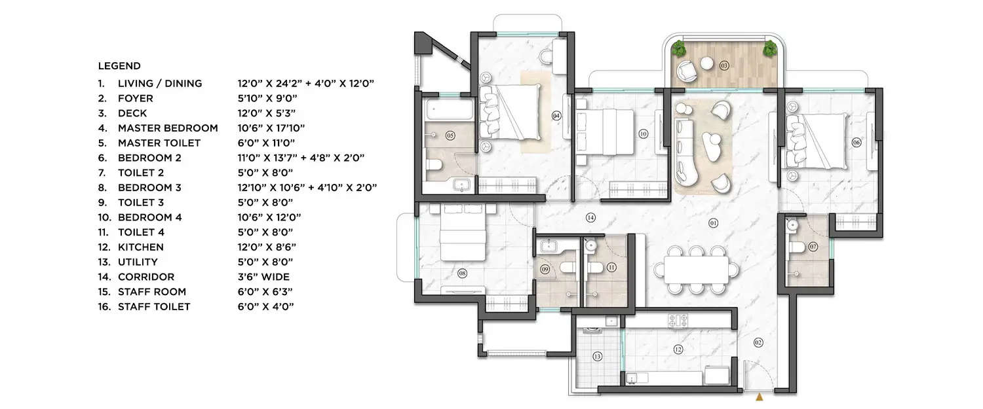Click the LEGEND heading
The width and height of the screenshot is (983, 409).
(119, 66)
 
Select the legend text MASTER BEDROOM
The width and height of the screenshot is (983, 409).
(167, 128)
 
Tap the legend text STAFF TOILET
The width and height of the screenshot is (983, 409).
(154, 307)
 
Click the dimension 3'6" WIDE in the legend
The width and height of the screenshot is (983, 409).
(263, 277)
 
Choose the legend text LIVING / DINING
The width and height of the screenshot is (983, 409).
(159, 84)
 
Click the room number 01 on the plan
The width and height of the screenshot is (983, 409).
(714, 224)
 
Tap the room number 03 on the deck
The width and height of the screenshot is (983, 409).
(724, 65)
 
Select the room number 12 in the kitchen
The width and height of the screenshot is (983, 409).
(678, 349)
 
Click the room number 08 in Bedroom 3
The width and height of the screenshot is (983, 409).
(463, 274)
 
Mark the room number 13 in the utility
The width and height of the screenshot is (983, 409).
(597, 357)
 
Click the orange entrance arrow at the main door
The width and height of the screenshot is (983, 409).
(760, 397)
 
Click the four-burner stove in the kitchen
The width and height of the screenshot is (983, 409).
(678, 321)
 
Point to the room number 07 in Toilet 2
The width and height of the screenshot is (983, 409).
(813, 247)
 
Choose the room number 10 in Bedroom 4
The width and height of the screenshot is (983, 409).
(643, 134)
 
